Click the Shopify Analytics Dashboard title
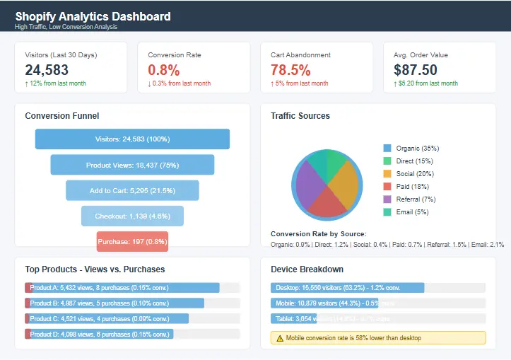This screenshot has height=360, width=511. tap(93, 16)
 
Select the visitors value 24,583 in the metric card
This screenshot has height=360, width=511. tap(47, 69)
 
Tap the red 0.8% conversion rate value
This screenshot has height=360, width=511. tap(164, 69)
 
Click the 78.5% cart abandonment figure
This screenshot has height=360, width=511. tap(290, 69)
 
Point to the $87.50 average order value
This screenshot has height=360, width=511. tap(416, 69)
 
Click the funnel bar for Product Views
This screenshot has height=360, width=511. tap(132, 165)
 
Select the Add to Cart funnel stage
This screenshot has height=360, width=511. tap(132, 190)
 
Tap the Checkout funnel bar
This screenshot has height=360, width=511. tap(132, 216)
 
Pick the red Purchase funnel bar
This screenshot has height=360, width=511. tap(132, 241)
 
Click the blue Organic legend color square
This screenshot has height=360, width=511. tap(387, 149)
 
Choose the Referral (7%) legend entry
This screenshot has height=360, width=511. tap(416, 199)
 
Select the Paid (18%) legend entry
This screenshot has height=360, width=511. tap(413, 187)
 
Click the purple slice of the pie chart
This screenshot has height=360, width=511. tap(309, 182)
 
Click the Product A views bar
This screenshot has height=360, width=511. tap(122, 288)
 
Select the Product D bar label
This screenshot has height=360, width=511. tap(99, 334)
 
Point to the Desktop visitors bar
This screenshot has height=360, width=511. tap(347, 288)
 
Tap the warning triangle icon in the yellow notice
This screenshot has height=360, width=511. tap(280, 338)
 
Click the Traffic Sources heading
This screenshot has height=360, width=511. tap(300, 116)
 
